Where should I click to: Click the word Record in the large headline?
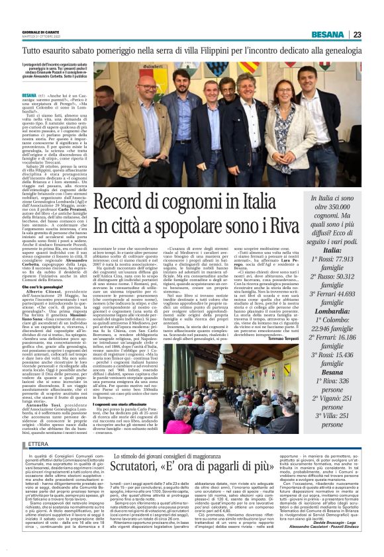pyautogui.click(x=137, y=204)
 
